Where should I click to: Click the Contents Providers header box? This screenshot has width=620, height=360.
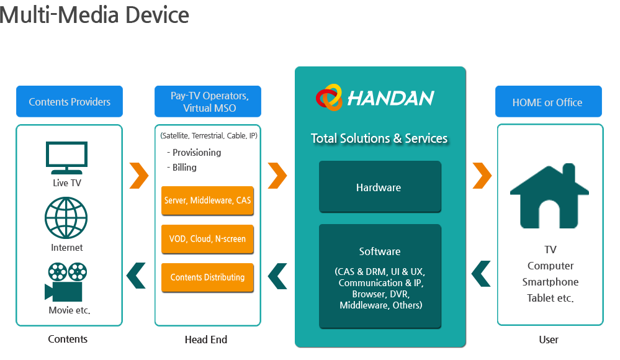pos(70,102)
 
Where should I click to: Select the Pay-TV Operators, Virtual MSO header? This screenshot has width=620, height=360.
pos(207,102)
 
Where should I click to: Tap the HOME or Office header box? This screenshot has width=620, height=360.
pos(548,102)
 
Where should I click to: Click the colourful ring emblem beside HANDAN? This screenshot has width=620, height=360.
pos(329,97)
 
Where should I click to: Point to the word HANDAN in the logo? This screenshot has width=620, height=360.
pos(390,98)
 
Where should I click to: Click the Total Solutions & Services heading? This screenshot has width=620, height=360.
pos(379,138)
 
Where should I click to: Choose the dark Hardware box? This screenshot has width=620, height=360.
pos(379,187)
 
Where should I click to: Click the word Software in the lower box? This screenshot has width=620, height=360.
pos(380,251)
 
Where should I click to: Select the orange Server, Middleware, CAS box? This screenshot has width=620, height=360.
pos(207,200)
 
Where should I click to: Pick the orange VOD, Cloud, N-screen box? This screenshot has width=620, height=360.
pos(207,239)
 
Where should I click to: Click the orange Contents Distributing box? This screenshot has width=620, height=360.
pos(207,277)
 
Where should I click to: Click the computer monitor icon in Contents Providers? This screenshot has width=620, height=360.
pos(66,155)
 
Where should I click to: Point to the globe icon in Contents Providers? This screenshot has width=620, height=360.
pos(66,218)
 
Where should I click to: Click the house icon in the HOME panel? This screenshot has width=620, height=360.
pos(550,195)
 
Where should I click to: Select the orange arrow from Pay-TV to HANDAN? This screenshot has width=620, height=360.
pos(277,176)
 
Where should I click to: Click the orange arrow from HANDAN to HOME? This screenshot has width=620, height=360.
pos(482,176)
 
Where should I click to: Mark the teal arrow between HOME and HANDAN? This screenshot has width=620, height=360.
pos(482,274)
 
